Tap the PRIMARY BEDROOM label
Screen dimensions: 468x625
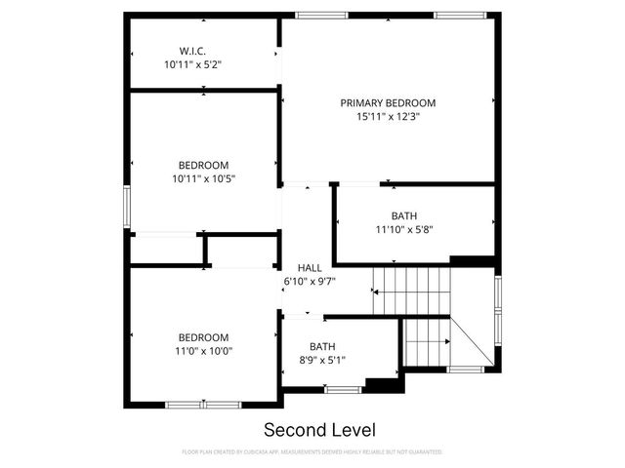coord(388,102)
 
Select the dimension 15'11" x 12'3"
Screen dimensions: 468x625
coord(388,117)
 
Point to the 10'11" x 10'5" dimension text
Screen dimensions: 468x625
coord(204,178)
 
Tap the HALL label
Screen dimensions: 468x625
coord(309,268)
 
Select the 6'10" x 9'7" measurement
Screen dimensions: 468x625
coord(309,281)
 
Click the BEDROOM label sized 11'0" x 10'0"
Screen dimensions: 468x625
coord(204,337)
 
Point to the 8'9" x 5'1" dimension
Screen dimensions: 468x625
coord(322,360)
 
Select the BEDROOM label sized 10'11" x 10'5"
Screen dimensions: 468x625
coord(204,165)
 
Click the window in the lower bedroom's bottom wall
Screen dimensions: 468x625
coord(203,404)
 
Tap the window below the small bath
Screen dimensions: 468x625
coord(342,390)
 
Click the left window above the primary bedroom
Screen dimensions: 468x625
coord(321,15)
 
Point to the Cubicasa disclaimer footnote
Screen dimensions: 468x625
coord(312,452)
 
